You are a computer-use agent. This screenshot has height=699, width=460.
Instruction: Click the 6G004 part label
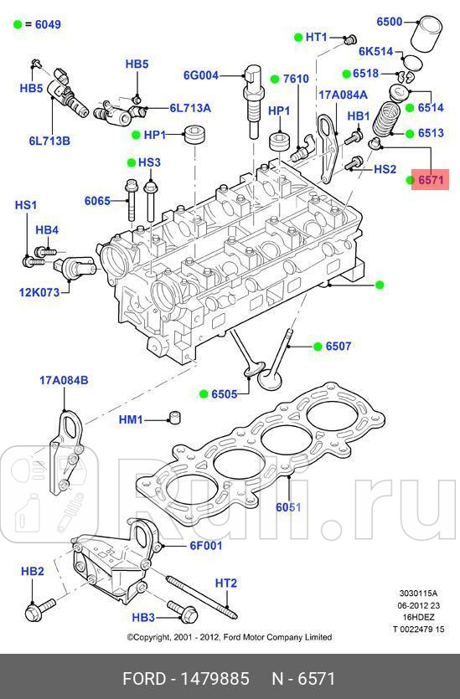(201, 75)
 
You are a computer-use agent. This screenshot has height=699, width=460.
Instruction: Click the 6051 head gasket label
(289, 506)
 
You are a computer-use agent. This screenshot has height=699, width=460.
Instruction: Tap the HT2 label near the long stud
(226, 583)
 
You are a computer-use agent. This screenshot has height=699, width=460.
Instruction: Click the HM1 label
(131, 419)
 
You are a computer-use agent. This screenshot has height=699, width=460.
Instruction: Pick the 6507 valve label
(339, 346)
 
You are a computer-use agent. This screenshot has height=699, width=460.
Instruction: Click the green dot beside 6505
(203, 393)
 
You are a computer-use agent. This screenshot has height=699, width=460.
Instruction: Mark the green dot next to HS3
(131, 162)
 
